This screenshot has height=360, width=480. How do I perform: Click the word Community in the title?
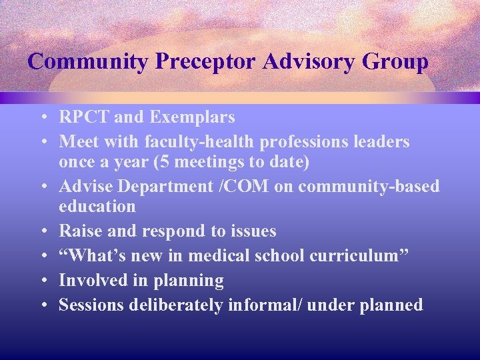[88, 62]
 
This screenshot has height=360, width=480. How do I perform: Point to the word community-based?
[369, 187]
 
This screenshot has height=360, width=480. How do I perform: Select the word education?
[97, 207]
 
